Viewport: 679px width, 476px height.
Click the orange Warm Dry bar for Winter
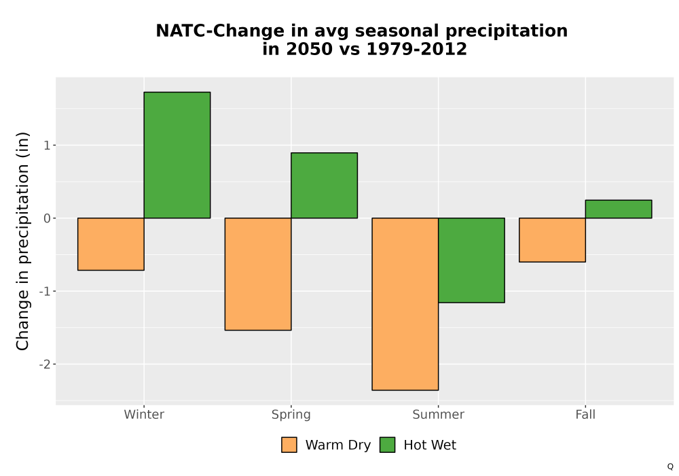[111, 244]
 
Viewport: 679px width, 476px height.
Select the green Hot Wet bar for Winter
[177, 155]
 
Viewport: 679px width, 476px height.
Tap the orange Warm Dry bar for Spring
[258, 274]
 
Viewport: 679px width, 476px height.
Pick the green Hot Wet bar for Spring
[325, 185]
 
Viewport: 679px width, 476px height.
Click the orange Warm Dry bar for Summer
[405, 304]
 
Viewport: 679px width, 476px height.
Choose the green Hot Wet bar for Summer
[472, 260]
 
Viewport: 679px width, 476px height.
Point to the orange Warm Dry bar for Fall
[553, 240]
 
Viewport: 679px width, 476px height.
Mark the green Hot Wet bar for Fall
[619, 209]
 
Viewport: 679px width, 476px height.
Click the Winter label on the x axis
[144, 414]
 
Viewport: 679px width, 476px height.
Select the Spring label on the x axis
[291, 415]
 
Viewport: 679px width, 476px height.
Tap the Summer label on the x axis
[438, 414]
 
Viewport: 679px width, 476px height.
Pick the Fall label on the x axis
[585, 414]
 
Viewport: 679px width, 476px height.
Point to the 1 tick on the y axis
[47, 146]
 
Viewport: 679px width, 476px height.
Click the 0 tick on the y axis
[47, 218]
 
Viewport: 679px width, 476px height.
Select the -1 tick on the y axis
[45, 291]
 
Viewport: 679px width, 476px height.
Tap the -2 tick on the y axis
[45, 364]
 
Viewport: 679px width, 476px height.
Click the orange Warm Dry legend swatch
[289, 445]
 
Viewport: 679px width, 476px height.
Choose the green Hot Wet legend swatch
[388, 445]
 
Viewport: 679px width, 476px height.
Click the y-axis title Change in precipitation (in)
[22, 241]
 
